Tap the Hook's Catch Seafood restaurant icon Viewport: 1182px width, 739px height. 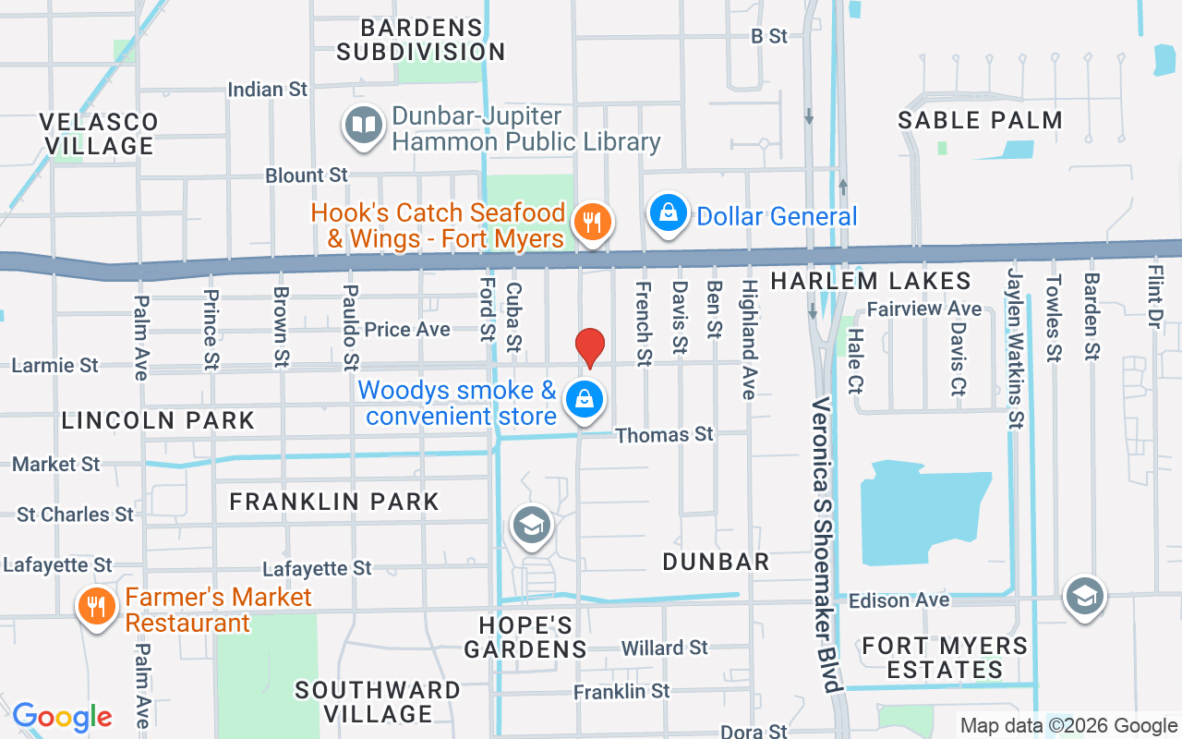589,222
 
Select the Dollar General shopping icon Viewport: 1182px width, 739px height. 668,212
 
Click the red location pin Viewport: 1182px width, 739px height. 589,347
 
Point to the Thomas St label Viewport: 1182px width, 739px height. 664,434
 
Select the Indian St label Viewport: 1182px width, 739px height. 267,90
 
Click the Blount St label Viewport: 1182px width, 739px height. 307,175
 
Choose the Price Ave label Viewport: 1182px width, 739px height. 407,330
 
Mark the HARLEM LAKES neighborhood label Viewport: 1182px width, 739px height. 871,281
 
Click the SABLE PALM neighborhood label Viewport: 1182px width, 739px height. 980,120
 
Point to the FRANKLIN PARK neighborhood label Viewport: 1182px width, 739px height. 334,502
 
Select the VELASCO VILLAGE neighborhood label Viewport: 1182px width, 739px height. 99,134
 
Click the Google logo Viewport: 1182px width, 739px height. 62,717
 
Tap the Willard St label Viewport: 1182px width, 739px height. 665,648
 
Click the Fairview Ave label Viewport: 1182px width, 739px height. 924,309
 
